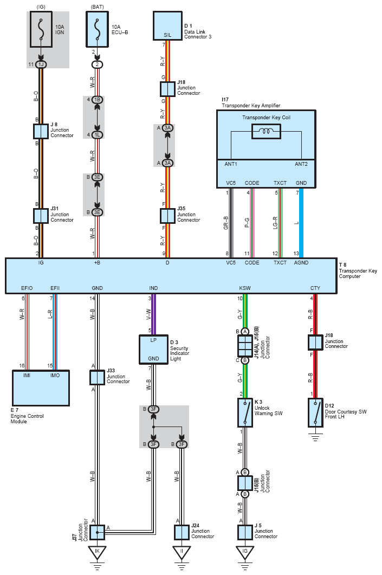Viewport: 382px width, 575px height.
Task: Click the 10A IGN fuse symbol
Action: [x=41, y=29]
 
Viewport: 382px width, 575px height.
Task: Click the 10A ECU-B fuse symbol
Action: [x=97, y=29]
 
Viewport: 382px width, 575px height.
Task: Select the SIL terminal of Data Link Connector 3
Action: [x=167, y=35]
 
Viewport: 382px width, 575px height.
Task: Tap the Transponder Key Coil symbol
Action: [x=266, y=131]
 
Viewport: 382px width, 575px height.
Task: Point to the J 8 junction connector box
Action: [x=41, y=131]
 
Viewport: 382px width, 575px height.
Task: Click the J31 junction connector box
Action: [x=41, y=216]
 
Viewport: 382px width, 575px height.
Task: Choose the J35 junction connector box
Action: [x=167, y=216]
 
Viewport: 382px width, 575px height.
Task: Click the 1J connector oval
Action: [x=41, y=64]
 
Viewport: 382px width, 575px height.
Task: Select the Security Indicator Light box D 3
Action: [x=153, y=350]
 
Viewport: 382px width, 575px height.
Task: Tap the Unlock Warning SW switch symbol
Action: [x=245, y=412]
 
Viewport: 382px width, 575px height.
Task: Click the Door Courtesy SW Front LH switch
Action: [x=315, y=412]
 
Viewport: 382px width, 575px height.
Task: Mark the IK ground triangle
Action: [x=97, y=552]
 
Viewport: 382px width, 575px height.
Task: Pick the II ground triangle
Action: [x=182, y=552]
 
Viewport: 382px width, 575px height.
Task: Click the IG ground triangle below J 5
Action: [x=245, y=552]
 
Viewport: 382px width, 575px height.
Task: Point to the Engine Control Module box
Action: [x=41, y=388]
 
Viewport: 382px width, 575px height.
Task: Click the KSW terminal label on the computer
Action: [x=245, y=288]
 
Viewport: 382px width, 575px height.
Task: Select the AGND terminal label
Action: [x=301, y=262]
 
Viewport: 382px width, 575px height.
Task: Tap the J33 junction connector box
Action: [x=97, y=377]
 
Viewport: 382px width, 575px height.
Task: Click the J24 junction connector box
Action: [x=182, y=533]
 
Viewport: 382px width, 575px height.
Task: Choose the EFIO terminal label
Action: [x=27, y=288]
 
